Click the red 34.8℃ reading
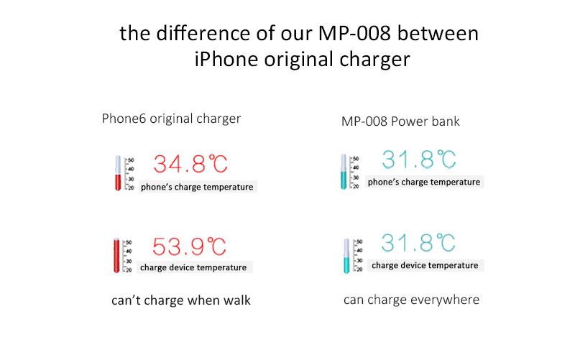tap(190, 164)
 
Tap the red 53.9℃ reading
tap(189, 246)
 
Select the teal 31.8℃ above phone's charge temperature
tap(419, 160)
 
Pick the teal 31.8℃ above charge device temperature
tap(418, 243)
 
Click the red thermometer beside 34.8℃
tap(118, 173)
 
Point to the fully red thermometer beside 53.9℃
tap(116, 256)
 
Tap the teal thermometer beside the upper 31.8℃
tap(344, 172)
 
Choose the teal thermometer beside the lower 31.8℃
tap(346, 256)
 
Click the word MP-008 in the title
tap(354, 33)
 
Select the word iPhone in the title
tap(226, 60)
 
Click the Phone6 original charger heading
tap(171, 119)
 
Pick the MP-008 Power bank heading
tap(400, 121)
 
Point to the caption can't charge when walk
tap(181, 300)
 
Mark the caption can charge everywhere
tap(411, 300)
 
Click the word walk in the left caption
tap(237, 300)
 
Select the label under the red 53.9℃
tap(193, 267)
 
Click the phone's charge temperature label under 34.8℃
tap(197, 187)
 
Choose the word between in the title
tap(438, 33)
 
